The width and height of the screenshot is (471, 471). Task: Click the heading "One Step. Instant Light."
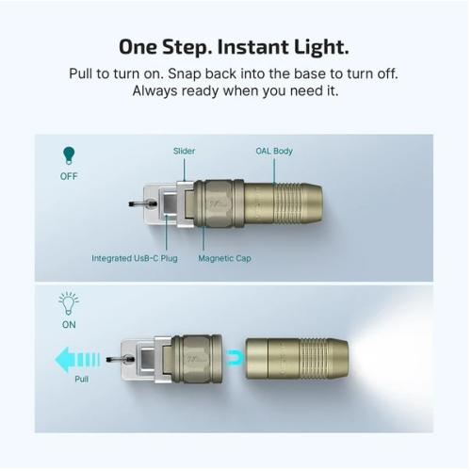[235, 47]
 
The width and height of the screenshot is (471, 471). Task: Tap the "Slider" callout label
[184, 151]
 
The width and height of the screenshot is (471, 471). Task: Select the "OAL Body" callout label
[274, 151]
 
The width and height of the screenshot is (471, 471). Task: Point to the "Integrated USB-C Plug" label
[134, 257]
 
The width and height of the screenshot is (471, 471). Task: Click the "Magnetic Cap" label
[224, 257]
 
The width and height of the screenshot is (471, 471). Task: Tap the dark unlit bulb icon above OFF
[67, 154]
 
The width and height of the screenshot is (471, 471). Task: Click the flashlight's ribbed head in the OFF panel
[300, 203]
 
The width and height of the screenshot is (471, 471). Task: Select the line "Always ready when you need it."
[235, 91]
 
